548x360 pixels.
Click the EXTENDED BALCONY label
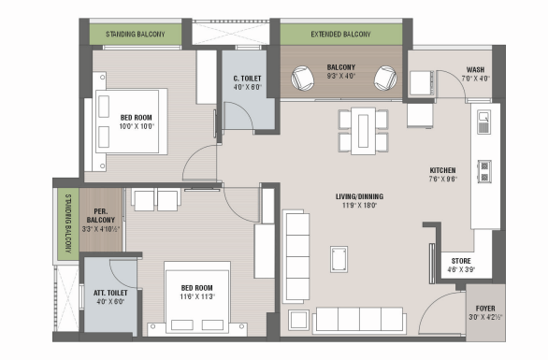point(340,35)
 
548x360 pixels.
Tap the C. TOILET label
point(247,79)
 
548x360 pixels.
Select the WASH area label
point(475,69)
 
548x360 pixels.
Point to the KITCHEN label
point(443,170)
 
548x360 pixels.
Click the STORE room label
point(461,261)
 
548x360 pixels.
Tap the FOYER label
point(485,309)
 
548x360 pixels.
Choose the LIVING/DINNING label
point(360,196)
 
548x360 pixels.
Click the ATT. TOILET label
point(110,293)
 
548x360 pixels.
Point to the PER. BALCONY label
point(101,216)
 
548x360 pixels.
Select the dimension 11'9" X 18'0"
point(360,205)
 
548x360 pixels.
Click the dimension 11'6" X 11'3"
point(197,296)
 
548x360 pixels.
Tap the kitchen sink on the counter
point(483,122)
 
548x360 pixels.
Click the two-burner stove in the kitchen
point(484,172)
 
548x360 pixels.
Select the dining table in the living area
point(363,131)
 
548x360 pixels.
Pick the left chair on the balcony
point(303,79)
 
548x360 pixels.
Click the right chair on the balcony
point(385,79)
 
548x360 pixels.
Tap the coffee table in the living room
point(339,259)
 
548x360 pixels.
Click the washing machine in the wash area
point(422,83)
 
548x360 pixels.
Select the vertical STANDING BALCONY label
point(68,223)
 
